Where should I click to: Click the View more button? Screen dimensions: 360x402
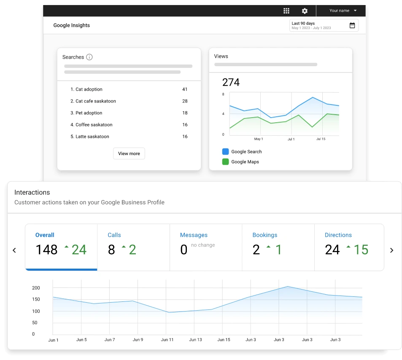[129, 153]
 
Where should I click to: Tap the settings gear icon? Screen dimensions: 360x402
[305, 11]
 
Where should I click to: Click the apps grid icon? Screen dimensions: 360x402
[286, 11]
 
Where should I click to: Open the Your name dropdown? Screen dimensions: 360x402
[343, 11]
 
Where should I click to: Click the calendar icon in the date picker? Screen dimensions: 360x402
[352, 25]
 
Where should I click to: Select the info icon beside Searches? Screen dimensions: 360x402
[89, 57]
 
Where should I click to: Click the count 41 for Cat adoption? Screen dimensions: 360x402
[185, 89]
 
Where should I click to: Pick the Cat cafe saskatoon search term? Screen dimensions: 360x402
[95, 101]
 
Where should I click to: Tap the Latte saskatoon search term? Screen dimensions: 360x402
[92, 137]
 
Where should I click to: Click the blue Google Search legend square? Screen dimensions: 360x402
[225, 151]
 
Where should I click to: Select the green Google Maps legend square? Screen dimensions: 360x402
[225, 161]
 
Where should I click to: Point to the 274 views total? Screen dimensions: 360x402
[231, 82]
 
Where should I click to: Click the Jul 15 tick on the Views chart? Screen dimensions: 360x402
[321, 139]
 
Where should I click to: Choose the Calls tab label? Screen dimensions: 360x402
[114, 235]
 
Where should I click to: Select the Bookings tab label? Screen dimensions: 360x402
[265, 235]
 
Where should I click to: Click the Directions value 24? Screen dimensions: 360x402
[332, 250]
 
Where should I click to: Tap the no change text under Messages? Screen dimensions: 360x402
[203, 245]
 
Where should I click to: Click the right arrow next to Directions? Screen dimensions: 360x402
[391, 250]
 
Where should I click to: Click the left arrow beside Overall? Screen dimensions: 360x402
[14, 250]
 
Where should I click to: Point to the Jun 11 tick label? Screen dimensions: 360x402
[167, 339]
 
